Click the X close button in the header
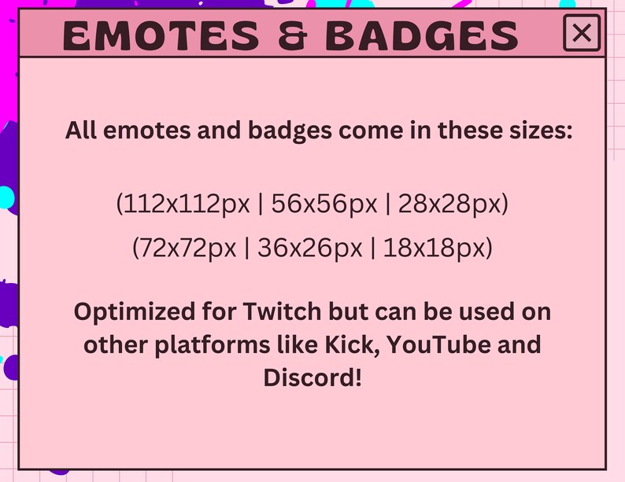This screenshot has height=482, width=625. click(582, 33)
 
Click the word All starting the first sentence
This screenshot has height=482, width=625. click(81, 131)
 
